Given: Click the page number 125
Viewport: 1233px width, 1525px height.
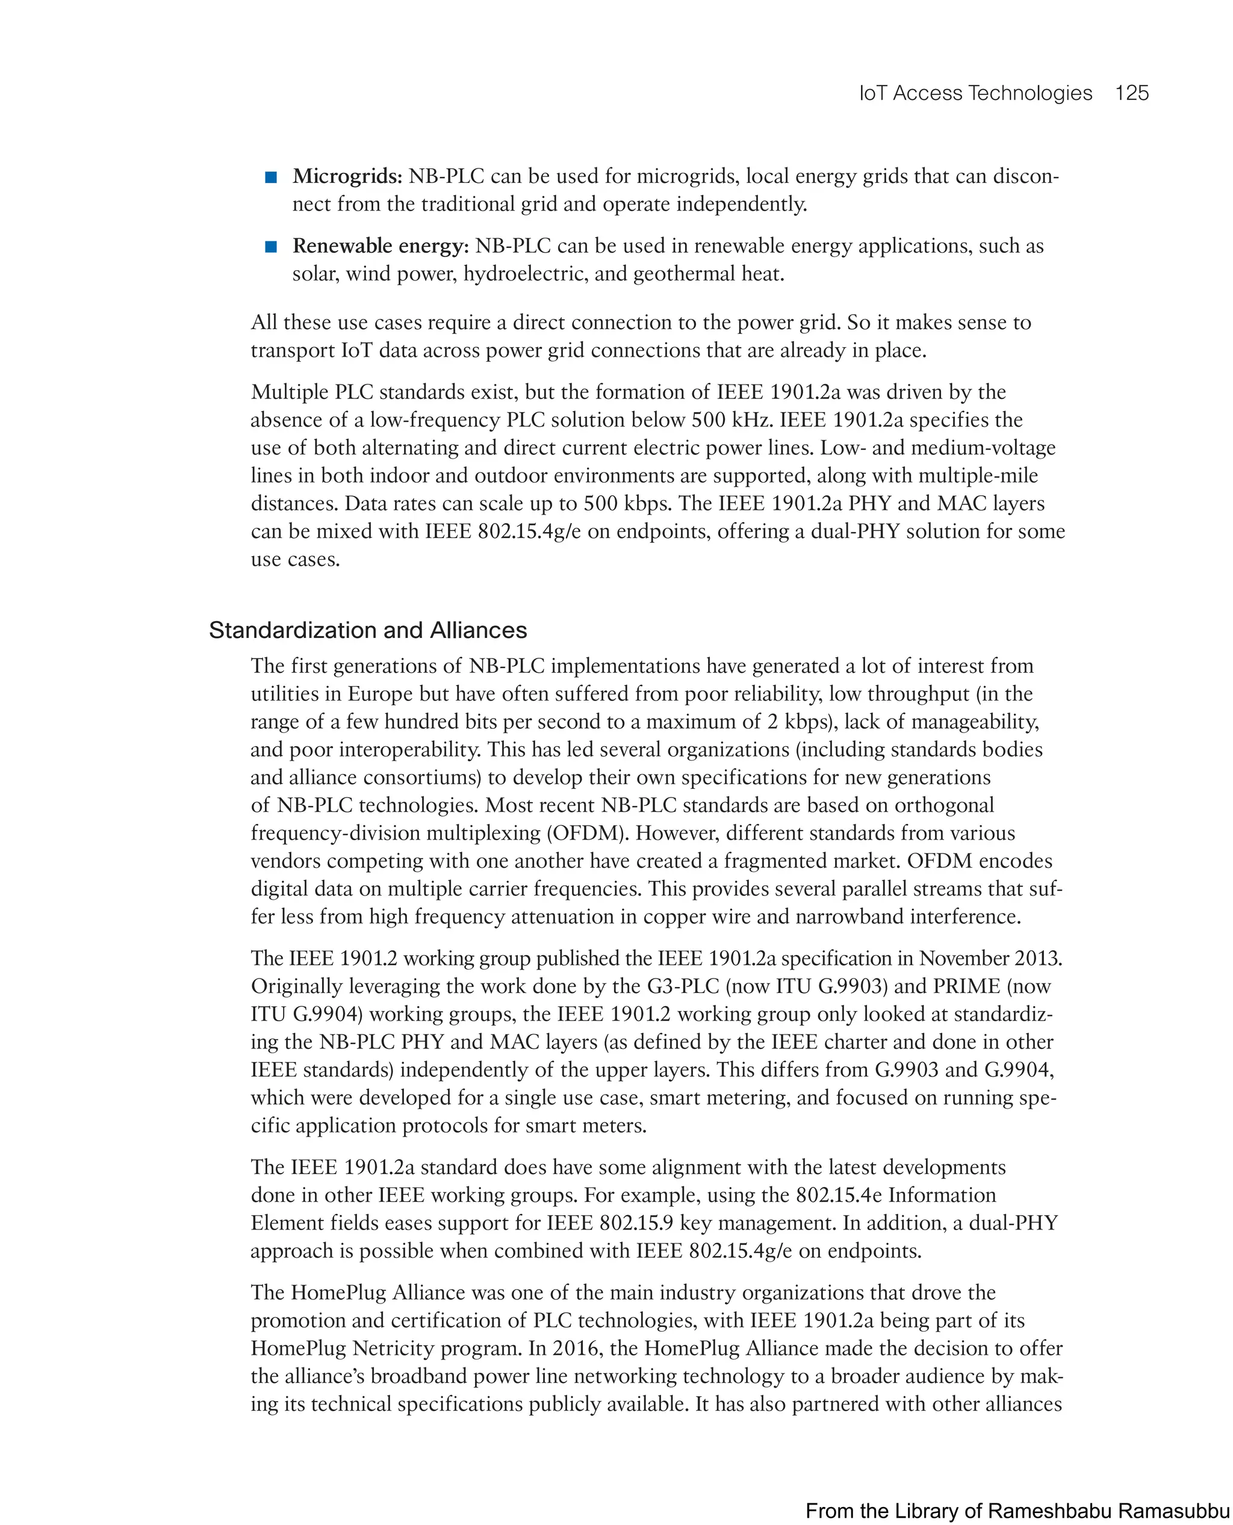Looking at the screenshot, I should click(x=1131, y=93).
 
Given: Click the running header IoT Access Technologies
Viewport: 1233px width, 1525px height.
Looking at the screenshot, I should click(x=975, y=93).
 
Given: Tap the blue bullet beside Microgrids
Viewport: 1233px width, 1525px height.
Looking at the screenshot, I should click(x=270, y=177).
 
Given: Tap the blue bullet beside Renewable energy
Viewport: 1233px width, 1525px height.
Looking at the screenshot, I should click(x=270, y=246).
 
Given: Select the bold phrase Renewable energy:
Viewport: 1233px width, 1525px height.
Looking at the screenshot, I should click(x=380, y=246).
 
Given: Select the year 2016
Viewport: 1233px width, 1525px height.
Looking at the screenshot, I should click(x=576, y=1348).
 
